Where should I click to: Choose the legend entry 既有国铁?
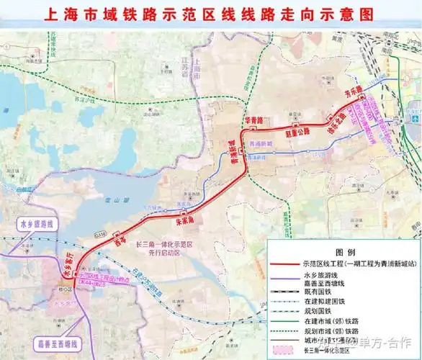coord(319,285)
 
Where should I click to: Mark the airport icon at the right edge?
coord(416,118)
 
